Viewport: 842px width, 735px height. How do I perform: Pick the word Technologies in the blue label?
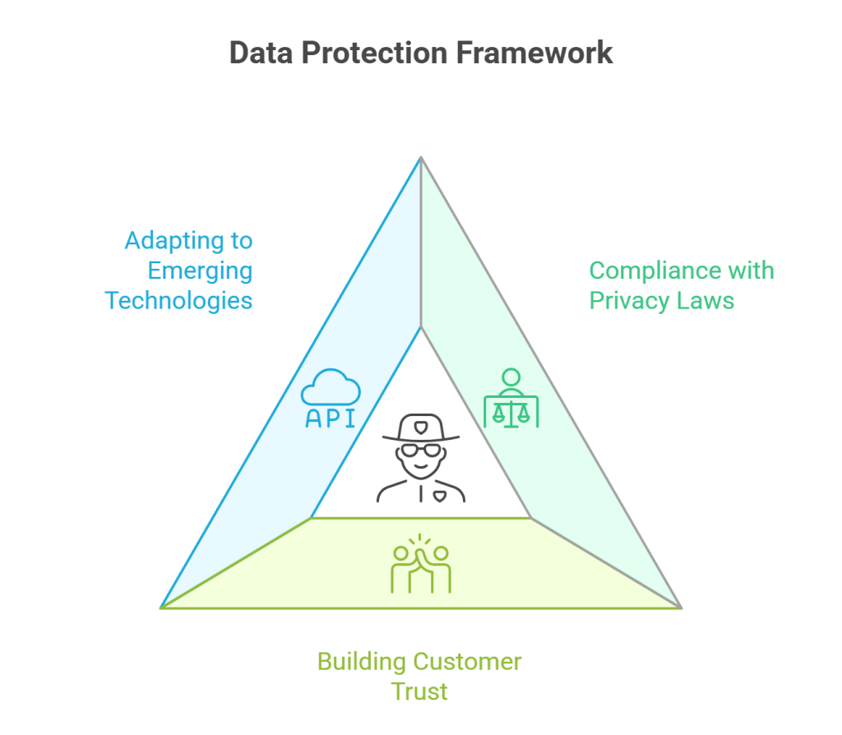click(x=178, y=301)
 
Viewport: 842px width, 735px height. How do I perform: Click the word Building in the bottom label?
click(x=362, y=662)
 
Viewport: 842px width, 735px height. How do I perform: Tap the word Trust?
click(x=419, y=691)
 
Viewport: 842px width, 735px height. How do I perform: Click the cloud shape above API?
click(x=331, y=386)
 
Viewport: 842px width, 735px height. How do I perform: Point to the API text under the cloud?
click(x=331, y=418)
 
